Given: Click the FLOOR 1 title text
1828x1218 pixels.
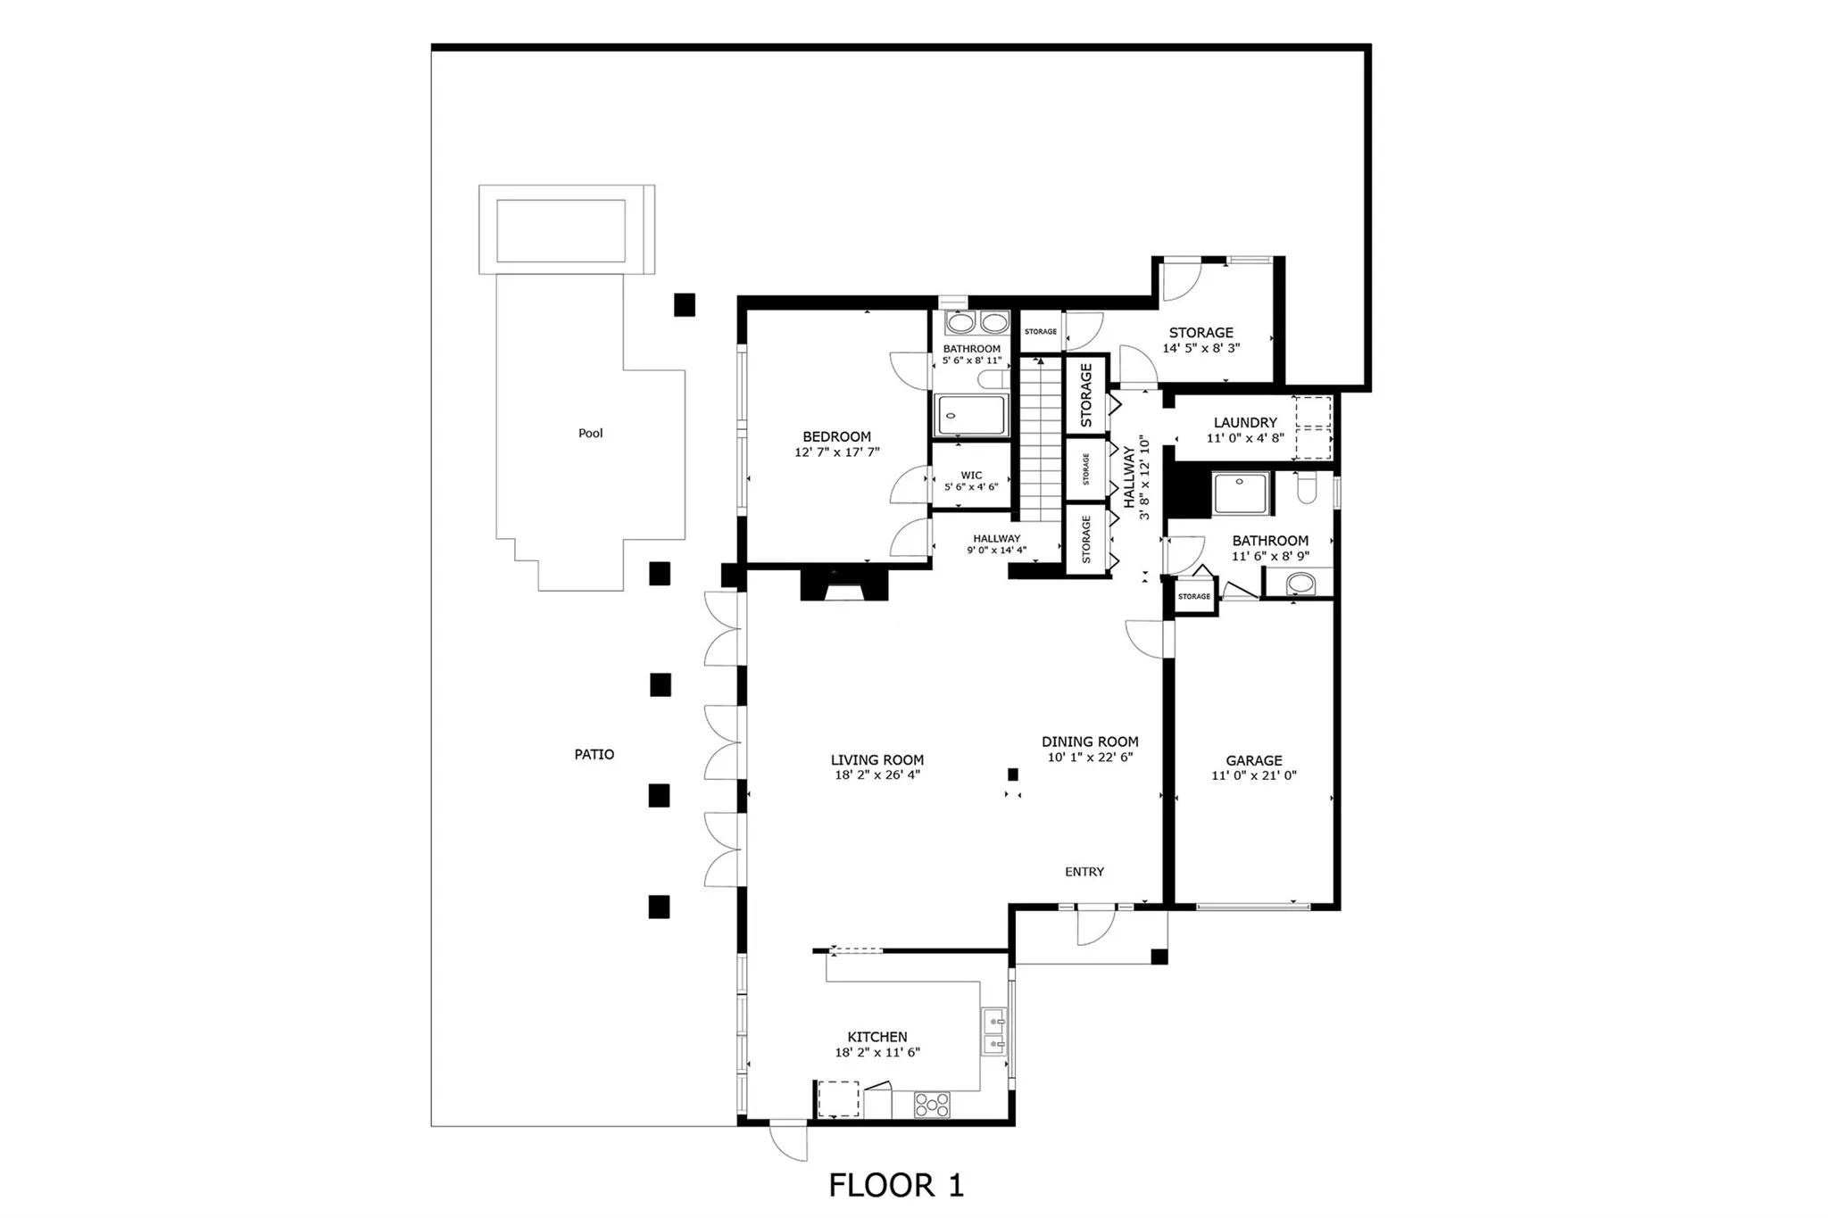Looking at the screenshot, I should (896, 1185).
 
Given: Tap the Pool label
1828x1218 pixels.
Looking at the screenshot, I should (590, 434).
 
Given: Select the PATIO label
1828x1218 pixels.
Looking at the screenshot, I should (594, 754).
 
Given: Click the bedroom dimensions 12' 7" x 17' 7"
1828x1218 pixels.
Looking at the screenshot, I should (836, 452).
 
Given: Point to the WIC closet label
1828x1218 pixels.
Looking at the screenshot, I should (971, 476).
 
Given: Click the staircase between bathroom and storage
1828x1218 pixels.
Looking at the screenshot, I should (1037, 442).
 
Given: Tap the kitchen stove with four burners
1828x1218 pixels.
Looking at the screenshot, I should (932, 1105).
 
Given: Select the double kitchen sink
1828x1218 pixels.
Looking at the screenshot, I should (993, 1032).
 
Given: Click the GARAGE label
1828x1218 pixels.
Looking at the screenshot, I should (1253, 760).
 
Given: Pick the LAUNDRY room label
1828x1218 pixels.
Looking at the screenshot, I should (1245, 423).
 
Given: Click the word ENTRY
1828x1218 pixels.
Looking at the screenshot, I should (1084, 872).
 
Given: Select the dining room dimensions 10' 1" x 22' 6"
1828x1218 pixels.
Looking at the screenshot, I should (1090, 758).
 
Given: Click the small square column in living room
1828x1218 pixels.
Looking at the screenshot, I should (1013, 774).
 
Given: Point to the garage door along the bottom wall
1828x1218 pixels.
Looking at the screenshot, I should (1253, 907).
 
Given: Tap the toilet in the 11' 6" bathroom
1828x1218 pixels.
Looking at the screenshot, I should (1306, 490).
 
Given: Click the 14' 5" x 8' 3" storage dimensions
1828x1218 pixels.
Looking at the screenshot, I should (1201, 349).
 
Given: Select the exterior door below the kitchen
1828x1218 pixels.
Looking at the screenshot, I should (789, 1140).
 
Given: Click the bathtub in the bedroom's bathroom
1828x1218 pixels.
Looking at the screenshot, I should (970, 416).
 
